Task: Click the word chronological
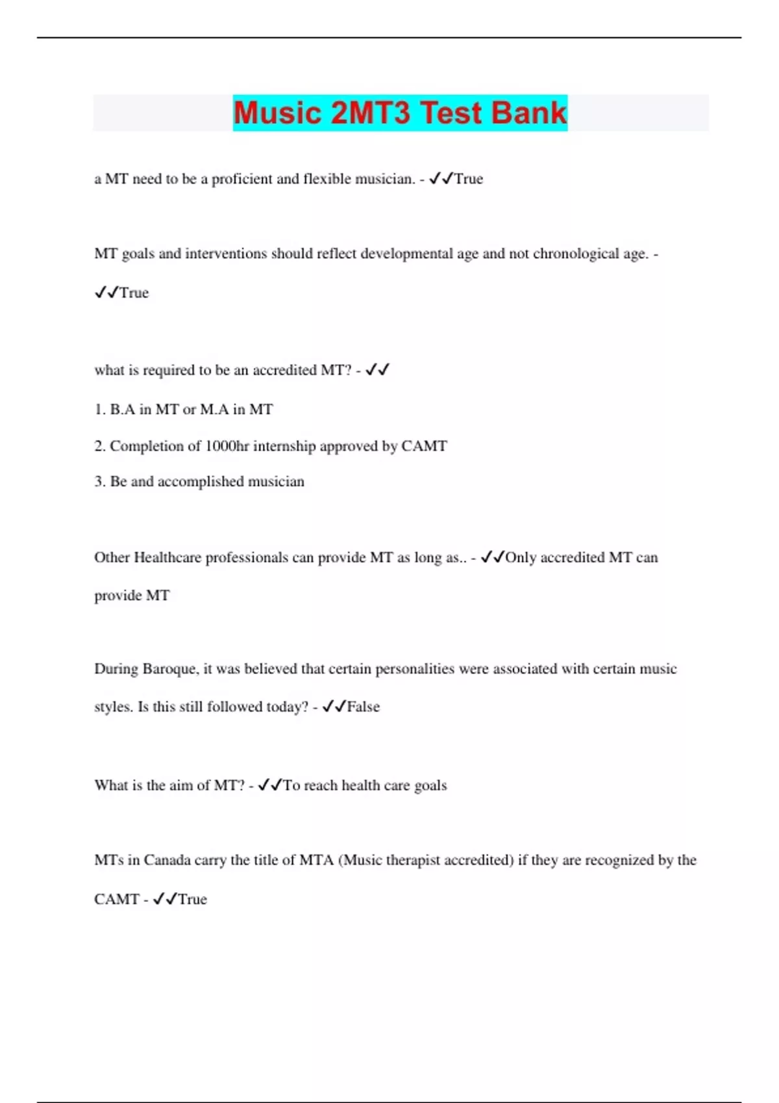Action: point(576,254)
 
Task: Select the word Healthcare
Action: point(167,557)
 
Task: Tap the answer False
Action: point(364,707)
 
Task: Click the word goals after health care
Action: point(430,786)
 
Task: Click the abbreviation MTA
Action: point(316,860)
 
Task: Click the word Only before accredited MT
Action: point(521,557)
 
